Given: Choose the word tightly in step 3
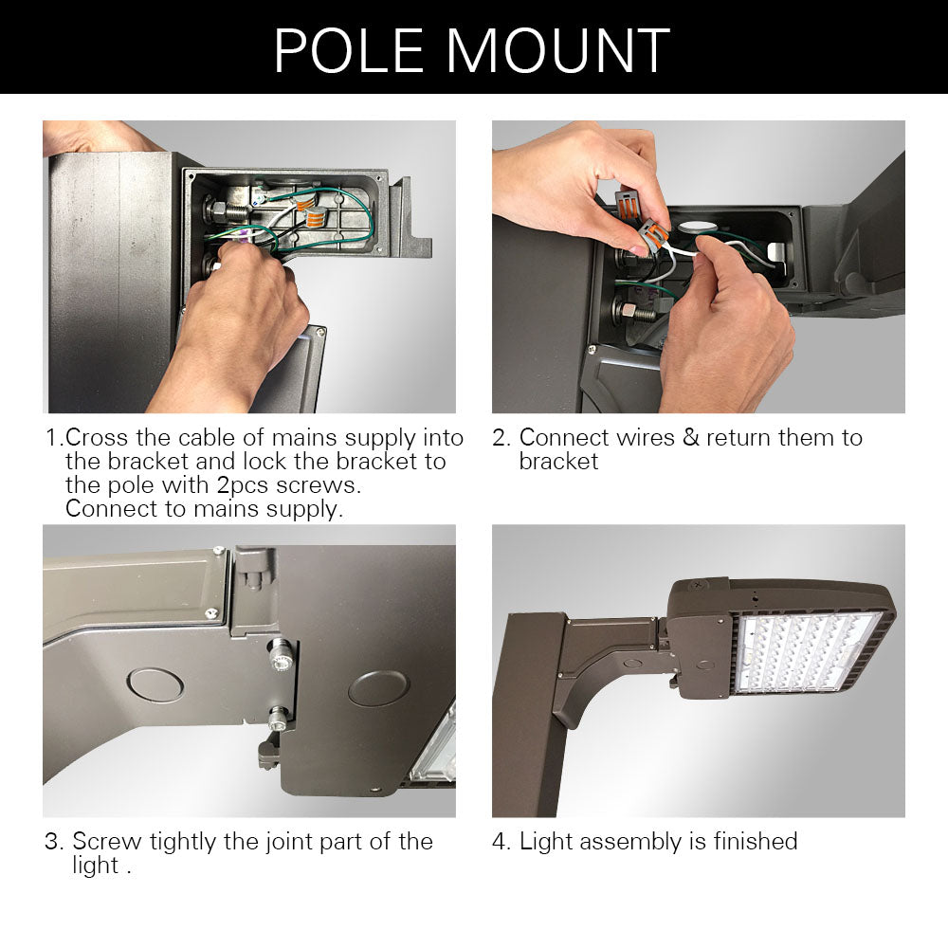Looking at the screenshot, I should [x=186, y=842].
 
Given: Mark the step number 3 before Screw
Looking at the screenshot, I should [x=53, y=842].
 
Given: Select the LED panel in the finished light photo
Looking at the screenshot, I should [x=806, y=654].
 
